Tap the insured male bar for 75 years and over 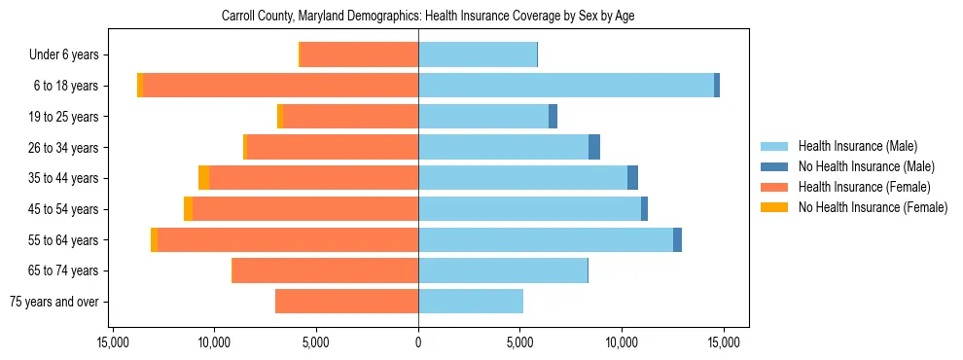(x=471, y=302)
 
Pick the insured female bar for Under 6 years (x=359, y=54)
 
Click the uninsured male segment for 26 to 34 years (x=594, y=147)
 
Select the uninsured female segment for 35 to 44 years (x=203, y=178)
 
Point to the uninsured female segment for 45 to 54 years (x=188, y=209)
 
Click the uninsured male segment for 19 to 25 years (x=553, y=117)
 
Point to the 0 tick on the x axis (x=418, y=342)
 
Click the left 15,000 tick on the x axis (x=113, y=342)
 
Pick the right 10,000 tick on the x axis (x=622, y=342)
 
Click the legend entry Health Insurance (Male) (x=857, y=146)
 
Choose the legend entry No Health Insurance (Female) (x=873, y=207)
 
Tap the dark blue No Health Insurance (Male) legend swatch (x=774, y=166)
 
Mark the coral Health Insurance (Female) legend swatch (x=774, y=187)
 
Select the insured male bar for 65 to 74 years (x=503, y=270)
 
